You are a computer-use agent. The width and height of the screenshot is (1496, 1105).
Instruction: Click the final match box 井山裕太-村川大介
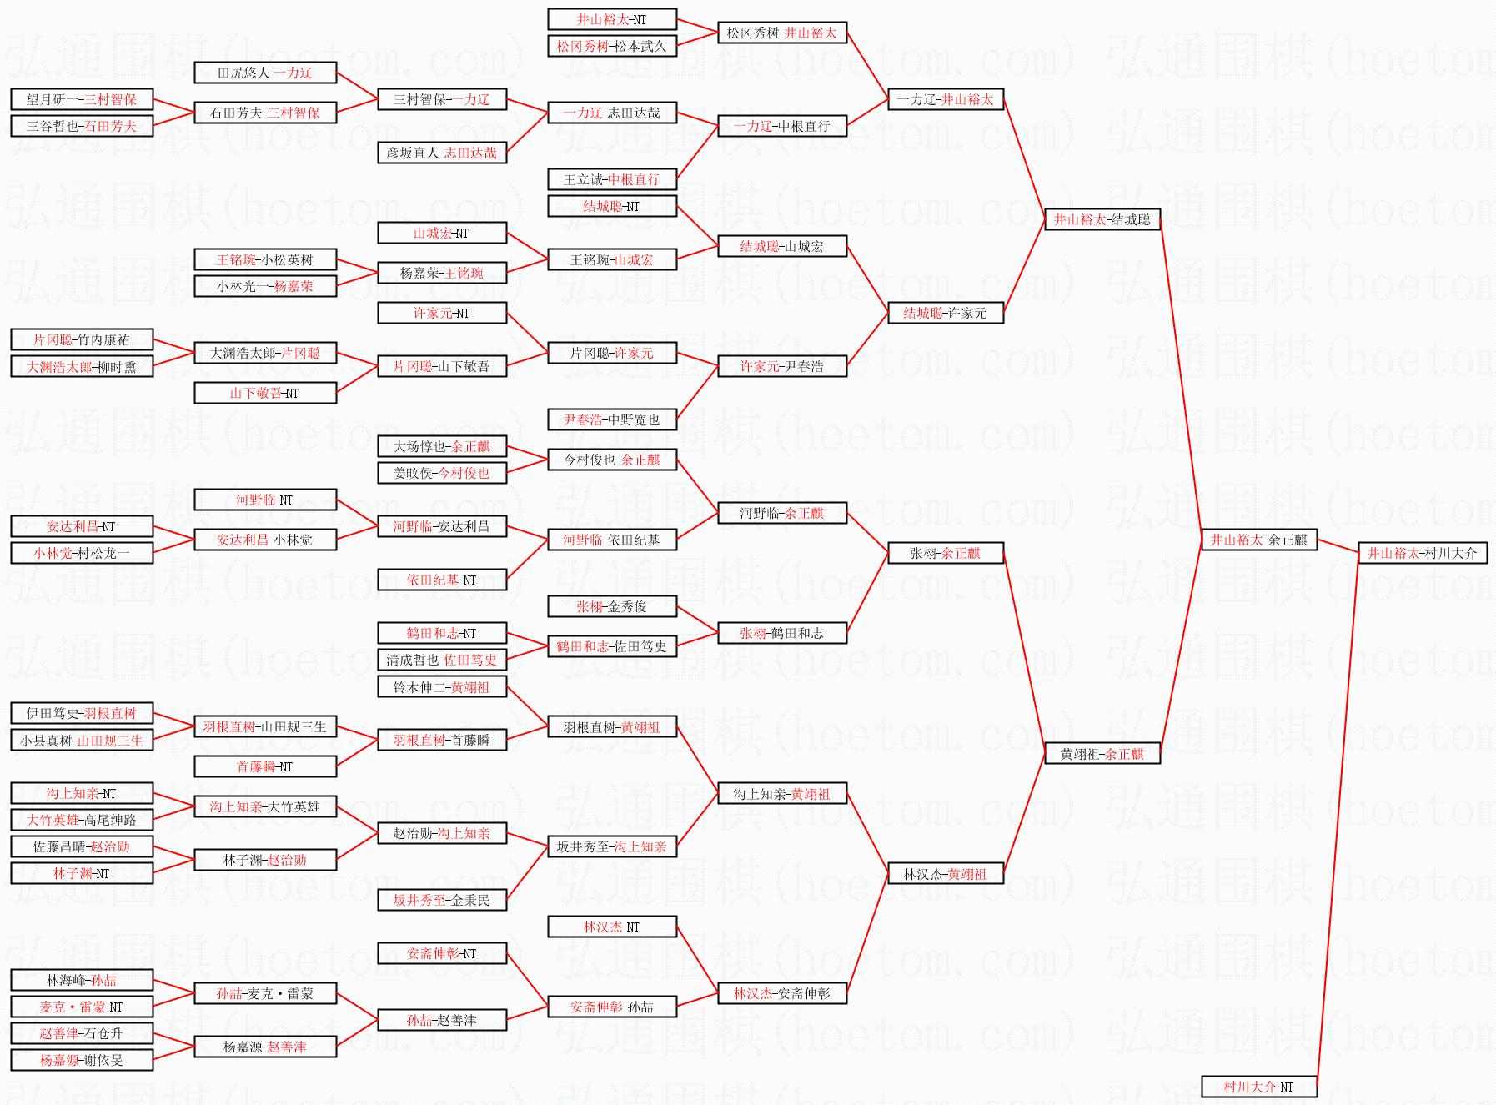point(1422,553)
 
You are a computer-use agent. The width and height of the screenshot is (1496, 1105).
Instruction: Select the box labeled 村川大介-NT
point(1258,1087)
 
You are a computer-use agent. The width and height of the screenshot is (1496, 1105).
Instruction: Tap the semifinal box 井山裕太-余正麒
point(1258,540)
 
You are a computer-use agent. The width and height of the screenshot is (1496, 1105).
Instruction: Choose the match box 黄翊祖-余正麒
point(1102,754)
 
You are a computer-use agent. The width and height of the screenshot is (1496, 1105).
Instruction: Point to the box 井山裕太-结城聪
point(1102,219)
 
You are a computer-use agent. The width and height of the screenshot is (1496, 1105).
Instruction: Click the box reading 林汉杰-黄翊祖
point(945,874)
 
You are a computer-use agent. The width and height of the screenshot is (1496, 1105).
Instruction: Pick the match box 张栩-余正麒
point(945,553)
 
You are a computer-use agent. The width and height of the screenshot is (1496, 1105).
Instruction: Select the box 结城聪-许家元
point(945,313)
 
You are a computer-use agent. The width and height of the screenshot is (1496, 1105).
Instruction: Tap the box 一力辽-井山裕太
point(945,99)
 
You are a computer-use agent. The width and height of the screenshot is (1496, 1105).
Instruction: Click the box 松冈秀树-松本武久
point(611,46)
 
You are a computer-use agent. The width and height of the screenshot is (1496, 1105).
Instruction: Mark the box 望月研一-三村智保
point(82,99)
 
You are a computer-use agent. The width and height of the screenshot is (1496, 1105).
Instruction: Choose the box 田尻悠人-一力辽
point(264,73)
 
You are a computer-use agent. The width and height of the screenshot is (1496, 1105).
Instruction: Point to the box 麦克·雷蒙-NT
point(82,1007)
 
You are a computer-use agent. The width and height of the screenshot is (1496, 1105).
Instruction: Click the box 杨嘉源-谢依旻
point(82,1060)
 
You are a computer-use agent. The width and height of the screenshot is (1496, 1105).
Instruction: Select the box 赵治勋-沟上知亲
point(441,833)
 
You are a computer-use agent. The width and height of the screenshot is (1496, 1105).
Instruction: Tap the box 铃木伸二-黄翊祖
point(441,687)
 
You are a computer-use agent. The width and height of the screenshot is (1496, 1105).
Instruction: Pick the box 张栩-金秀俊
point(611,606)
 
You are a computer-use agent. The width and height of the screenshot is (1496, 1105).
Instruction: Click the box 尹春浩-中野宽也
point(611,419)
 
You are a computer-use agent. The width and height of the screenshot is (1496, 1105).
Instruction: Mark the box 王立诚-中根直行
point(611,179)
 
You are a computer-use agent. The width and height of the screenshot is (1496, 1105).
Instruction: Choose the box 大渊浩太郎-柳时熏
point(82,366)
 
